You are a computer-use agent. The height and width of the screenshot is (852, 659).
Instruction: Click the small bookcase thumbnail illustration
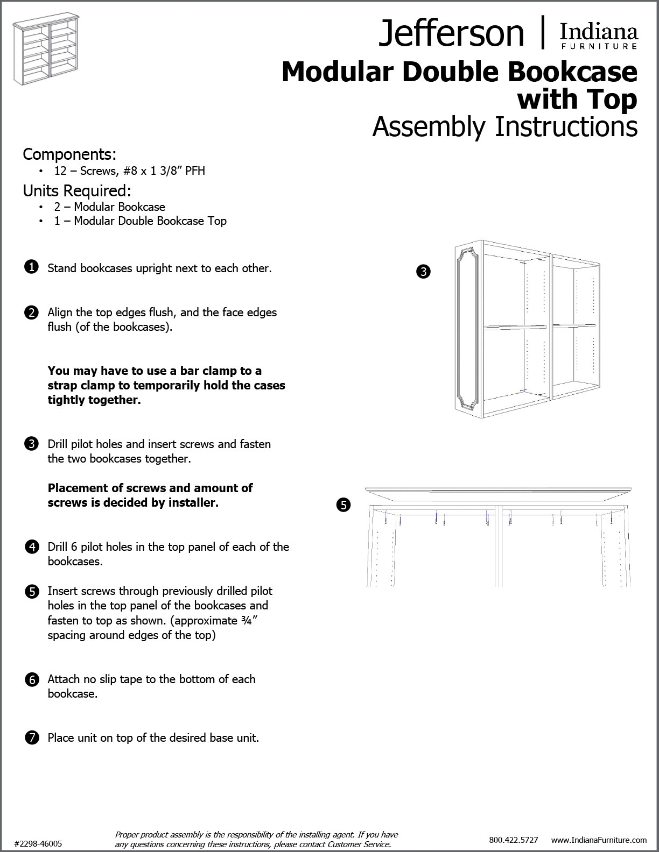[x=47, y=46]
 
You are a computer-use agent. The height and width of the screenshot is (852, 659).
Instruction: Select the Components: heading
[x=69, y=154]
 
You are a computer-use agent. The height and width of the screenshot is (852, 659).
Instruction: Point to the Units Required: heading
[x=77, y=190]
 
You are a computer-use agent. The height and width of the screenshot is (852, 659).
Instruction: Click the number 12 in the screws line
[x=60, y=171]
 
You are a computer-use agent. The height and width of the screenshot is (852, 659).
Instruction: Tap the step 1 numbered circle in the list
[x=32, y=267]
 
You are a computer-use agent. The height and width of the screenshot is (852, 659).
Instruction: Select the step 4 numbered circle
[x=32, y=547]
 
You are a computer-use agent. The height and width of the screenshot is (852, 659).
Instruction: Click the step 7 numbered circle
[x=32, y=737]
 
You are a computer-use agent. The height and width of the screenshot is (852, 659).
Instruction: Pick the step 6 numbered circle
[x=32, y=679]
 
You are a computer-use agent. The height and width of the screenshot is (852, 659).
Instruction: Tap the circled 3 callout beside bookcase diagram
[x=424, y=272]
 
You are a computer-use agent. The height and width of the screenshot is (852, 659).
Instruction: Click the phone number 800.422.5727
[x=513, y=840]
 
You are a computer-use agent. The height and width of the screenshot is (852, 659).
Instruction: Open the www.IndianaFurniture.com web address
[x=599, y=840]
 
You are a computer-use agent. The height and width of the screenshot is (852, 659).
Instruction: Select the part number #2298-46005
[x=38, y=843]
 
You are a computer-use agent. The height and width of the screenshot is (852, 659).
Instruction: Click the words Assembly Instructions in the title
[x=504, y=127]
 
